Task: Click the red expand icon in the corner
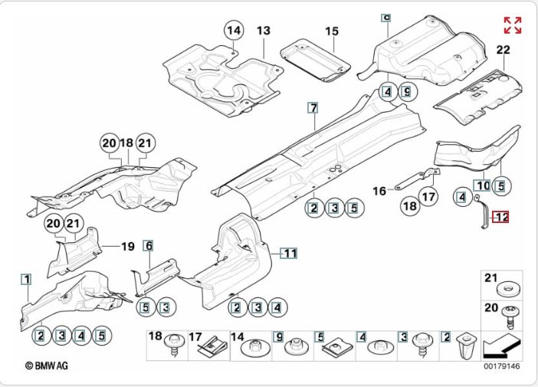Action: (x=513, y=25)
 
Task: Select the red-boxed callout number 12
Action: (x=501, y=218)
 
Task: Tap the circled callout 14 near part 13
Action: (x=233, y=31)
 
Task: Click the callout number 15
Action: (x=331, y=31)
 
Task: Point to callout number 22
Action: (x=503, y=51)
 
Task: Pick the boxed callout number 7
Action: (x=313, y=107)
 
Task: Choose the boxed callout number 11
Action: (x=290, y=252)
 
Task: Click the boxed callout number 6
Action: (x=149, y=246)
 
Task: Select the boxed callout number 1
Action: (x=26, y=280)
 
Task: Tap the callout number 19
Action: (x=127, y=246)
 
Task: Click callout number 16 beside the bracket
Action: (x=379, y=191)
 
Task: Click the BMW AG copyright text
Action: (x=47, y=366)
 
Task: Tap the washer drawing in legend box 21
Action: (x=507, y=290)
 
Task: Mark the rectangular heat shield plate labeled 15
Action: (x=313, y=60)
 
